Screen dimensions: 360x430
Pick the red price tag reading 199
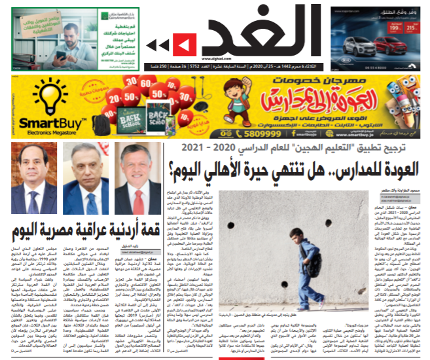(x=395, y=27)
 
